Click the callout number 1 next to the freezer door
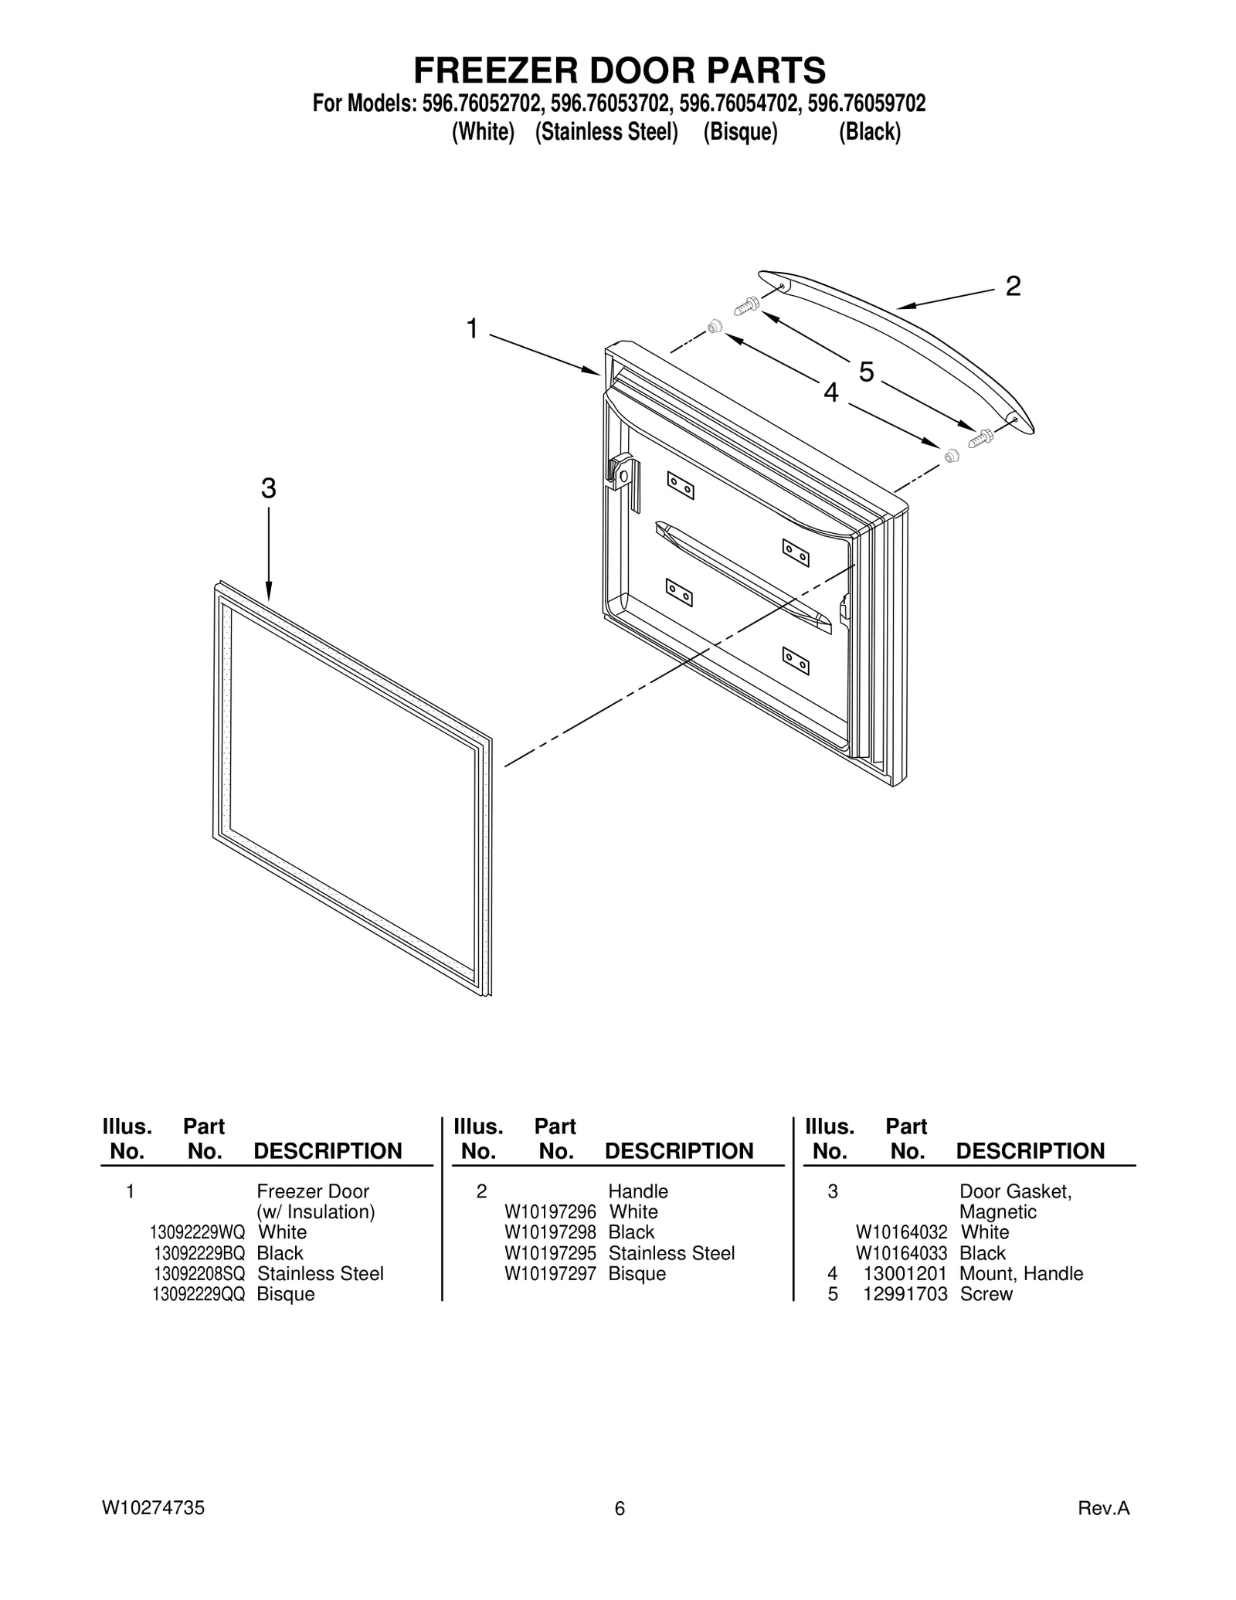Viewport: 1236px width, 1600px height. point(472,329)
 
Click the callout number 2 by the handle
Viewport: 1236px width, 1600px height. point(1013,287)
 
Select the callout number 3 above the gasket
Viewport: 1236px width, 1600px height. point(268,488)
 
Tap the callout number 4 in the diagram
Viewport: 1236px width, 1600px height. point(830,393)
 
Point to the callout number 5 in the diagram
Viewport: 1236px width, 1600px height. point(867,372)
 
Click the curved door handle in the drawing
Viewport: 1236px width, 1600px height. point(896,348)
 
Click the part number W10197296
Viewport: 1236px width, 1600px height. point(550,1212)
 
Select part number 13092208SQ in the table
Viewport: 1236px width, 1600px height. point(199,1273)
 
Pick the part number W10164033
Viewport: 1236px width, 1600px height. point(901,1253)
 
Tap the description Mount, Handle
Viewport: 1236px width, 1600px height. point(1020,1273)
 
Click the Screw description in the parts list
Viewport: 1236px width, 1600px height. point(986,1294)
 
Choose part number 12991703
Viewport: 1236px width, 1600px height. point(905,1294)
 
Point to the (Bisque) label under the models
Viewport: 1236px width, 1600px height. point(739,132)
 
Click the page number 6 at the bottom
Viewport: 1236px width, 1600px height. point(619,1508)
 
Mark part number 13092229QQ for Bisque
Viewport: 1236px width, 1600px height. point(199,1294)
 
